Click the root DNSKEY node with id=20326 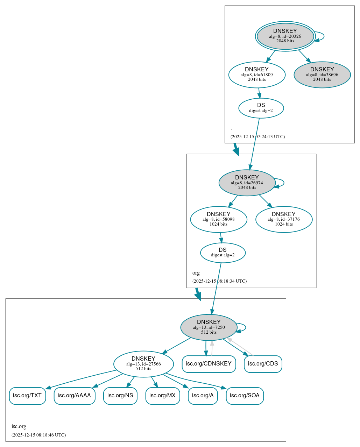click(x=285, y=36)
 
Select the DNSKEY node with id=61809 click(x=257, y=74)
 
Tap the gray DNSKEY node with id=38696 click(x=322, y=74)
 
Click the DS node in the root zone click(x=261, y=108)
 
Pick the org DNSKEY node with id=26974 click(x=247, y=183)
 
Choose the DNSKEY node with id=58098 click(x=218, y=219)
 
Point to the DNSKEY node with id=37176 click(x=284, y=219)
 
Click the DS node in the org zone click(x=223, y=253)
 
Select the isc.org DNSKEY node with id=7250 click(x=209, y=327)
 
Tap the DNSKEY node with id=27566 click(x=143, y=364)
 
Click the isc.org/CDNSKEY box click(x=209, y=364)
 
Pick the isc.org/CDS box click(x=263, y=364)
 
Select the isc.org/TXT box click(x=27, y=396)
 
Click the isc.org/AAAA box click(x=74, y=396)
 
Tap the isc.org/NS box click(x=120, y=396)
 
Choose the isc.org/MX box click(x=162, y=396)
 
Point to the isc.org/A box click(x=203, y=396)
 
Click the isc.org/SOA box click(x=245, y=396)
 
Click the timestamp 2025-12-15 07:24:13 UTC click(x=257, y=137)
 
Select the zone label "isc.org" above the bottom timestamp click(x=19, y=426)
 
